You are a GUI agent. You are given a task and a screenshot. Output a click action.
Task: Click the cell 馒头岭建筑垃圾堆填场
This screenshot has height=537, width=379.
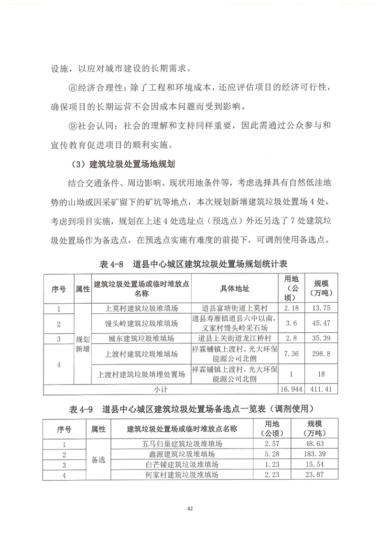click(141, 324)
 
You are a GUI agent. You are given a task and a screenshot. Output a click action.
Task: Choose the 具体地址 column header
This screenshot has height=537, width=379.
click(234, 289)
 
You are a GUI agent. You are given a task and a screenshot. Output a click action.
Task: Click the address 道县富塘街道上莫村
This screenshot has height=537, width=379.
click(234, 308)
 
